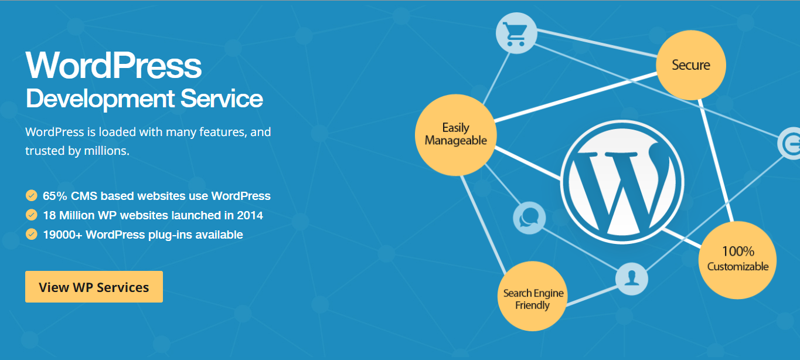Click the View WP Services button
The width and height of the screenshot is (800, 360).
94,287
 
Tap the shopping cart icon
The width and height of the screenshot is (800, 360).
516,33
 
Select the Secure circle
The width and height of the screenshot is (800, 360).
691,65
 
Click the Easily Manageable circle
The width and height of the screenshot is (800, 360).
456,135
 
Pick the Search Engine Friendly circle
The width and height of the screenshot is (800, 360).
532,296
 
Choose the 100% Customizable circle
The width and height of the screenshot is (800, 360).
737,260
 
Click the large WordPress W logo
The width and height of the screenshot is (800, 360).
622,182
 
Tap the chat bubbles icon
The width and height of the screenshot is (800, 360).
529,218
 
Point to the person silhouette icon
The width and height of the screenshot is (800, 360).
632,279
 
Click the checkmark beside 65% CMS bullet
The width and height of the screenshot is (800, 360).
32,195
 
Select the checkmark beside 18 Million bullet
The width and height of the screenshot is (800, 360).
32,215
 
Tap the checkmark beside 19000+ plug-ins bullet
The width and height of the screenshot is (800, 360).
32,235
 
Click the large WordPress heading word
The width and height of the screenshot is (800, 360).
114,65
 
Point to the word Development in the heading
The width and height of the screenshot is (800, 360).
100,99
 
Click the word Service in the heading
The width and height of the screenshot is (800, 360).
222,99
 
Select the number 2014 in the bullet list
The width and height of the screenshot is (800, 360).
250,215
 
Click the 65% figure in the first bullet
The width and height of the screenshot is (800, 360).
55,196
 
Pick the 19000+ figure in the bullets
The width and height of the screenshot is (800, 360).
63,235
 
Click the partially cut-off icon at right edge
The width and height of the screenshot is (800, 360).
789,144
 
